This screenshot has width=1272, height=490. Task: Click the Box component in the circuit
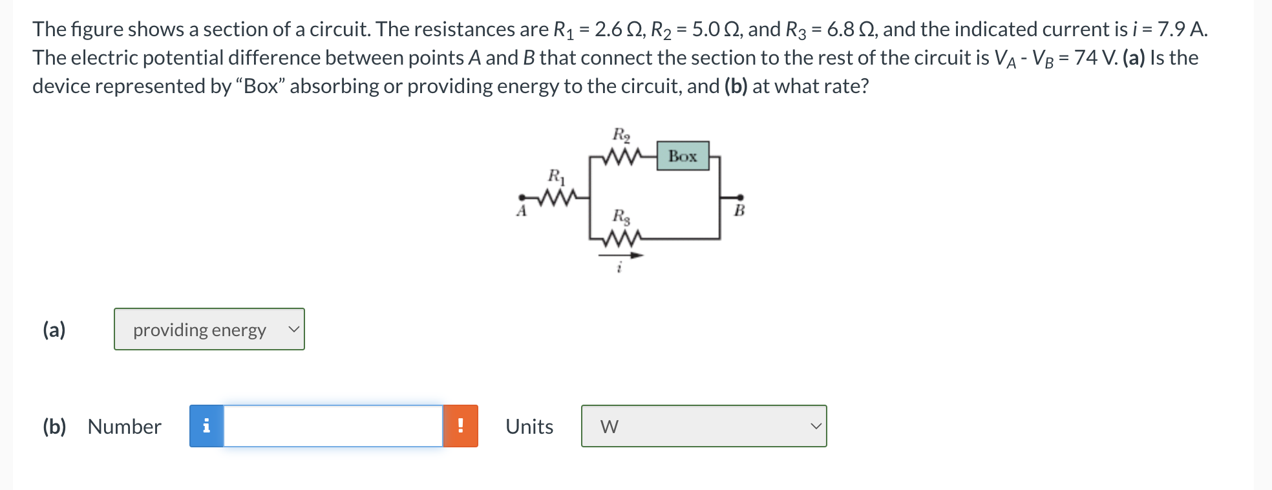point(683,156)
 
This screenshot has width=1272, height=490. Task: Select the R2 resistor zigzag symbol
point(621,156)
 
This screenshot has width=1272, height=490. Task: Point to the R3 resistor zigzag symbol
point(621,239)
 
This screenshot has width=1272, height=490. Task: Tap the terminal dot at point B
point(740,197)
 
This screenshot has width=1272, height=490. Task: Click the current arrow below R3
point(621,255)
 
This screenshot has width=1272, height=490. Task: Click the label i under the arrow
point(619,267)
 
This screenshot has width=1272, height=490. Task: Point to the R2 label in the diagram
point(621,135)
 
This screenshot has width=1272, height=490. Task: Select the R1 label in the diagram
point(556,176)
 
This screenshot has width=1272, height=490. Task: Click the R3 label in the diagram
point(621,217)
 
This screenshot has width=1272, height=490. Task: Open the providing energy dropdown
point(209,330)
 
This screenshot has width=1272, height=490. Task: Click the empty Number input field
point(333,426)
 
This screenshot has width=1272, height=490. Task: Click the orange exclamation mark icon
point(460,426)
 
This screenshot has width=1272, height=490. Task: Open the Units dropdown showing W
point(704,426)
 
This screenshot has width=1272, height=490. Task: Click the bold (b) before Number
point(54,427)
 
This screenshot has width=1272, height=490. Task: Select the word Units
point(529,427)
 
